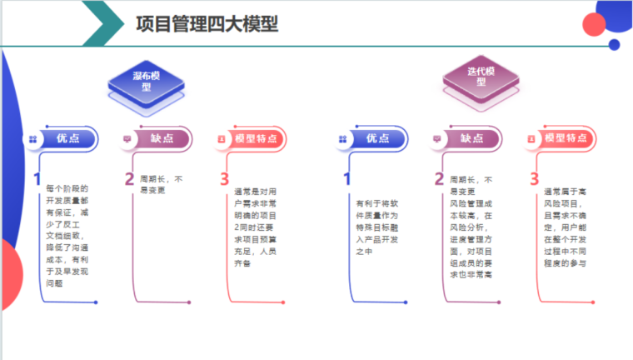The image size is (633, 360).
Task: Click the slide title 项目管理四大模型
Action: tap(207, 23)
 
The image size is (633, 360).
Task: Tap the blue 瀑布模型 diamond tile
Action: tap(146, 82)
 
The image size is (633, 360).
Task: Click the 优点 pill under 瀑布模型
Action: tap(67, 139)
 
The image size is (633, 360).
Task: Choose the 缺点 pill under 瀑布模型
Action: tap(162, 139)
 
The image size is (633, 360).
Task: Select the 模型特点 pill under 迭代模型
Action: tap(566, 139)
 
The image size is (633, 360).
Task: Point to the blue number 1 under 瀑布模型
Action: tap(37, 179)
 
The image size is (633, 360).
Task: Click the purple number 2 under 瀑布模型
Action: tap(129, 179)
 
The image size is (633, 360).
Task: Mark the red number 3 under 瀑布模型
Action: tap(224, 179)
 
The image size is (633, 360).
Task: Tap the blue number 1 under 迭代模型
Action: tap(346, 179)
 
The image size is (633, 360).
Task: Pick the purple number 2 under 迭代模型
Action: tap(439, 179)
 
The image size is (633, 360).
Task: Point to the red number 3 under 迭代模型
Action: tap(534, 179)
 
